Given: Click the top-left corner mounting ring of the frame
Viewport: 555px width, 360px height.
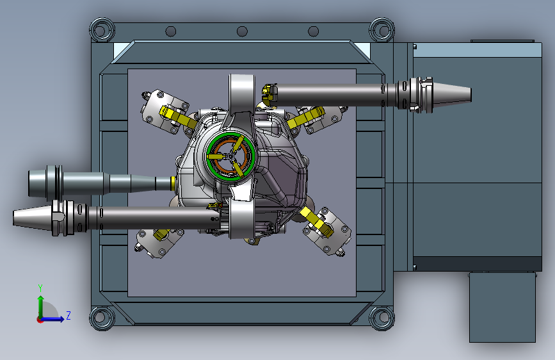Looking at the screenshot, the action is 102,29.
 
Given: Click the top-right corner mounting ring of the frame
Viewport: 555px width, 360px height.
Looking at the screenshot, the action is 382,29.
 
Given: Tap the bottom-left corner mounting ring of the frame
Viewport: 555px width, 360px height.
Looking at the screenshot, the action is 102,318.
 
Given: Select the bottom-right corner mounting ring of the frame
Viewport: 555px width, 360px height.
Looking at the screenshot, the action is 382,318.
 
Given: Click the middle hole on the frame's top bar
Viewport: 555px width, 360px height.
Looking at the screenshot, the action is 242,31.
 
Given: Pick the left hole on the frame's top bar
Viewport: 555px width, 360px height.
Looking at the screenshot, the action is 171,31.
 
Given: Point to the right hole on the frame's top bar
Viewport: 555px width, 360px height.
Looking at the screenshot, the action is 313,31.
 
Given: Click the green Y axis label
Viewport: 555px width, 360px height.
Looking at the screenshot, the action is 40,288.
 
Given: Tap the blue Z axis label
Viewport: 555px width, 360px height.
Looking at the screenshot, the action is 68,315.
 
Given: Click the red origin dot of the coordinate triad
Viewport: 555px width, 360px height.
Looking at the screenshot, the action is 40,320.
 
